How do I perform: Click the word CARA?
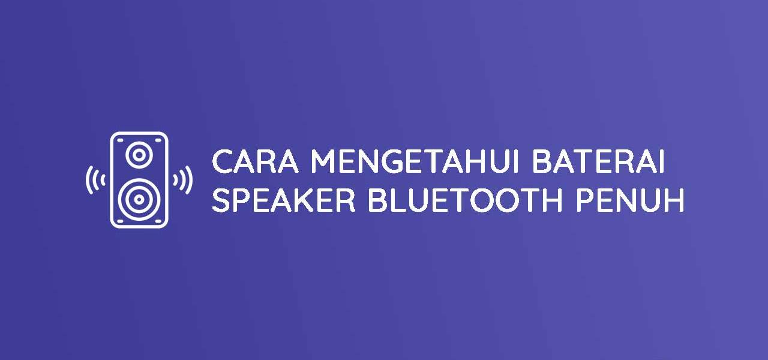256,161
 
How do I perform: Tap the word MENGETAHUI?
415,161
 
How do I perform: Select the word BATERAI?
599,161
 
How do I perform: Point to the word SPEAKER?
284,200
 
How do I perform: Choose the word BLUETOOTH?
465,200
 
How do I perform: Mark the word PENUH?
630,200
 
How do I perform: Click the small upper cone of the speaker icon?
139,155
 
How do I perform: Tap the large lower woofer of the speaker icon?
139,200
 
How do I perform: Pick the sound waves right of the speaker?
183,180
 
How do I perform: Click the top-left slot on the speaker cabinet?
120,140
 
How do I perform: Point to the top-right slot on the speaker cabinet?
158,140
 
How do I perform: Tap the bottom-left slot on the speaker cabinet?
120,221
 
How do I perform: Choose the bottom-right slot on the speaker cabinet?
158,221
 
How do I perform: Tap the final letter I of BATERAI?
662,161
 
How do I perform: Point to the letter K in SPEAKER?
308,200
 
